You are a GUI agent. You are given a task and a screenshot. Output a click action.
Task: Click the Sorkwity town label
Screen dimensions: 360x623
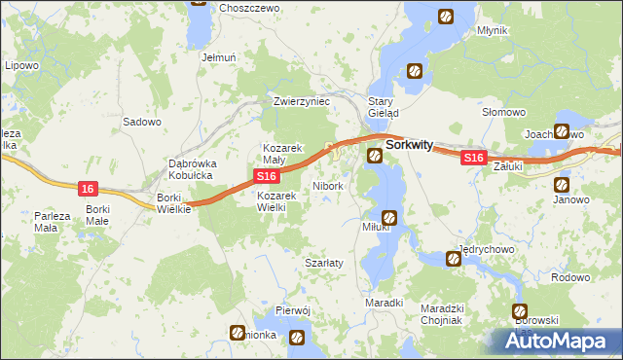[410, 144]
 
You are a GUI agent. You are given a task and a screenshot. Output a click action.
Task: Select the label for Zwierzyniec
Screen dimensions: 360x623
[303, 101]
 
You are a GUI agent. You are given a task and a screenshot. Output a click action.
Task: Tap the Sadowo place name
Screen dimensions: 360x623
[141, 123]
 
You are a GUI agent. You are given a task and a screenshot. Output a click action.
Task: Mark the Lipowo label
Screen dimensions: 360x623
[21, 66]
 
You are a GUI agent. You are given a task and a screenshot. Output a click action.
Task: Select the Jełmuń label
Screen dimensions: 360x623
[219, 57]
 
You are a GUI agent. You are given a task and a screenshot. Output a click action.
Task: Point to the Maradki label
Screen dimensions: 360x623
[384, 303]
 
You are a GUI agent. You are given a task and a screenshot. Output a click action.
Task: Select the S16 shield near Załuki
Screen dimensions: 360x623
[473, 158]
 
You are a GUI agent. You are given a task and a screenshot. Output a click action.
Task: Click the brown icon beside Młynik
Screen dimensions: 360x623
[446, 17]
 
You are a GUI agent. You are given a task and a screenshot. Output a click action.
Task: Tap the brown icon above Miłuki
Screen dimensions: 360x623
[389, 218]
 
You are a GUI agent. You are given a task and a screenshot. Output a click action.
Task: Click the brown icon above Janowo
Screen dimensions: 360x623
[562, 184]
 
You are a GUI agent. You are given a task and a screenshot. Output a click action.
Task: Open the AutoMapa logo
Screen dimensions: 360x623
[560, 341]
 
